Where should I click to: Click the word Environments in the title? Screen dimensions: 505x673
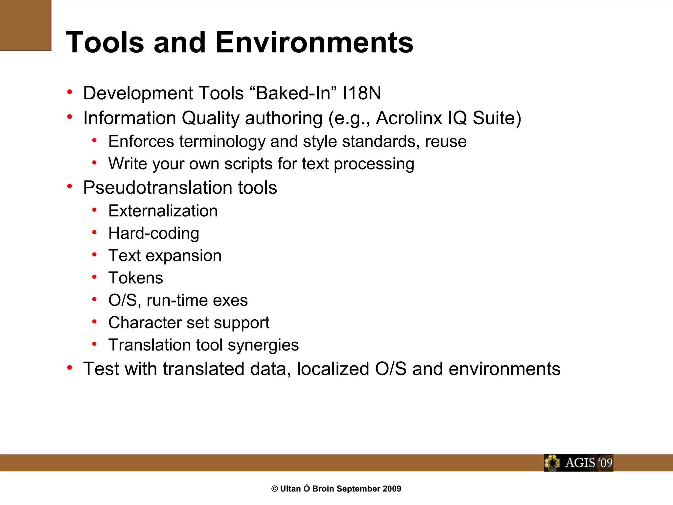tap(314, 42)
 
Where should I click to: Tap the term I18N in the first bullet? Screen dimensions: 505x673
tap(361, 93)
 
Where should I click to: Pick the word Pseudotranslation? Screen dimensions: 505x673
tap(158, 188)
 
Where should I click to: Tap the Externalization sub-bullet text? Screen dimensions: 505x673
tap(163, 211)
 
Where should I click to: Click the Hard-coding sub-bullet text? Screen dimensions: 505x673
tap(154, 233)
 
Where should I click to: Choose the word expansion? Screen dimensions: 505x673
tap(184, 256)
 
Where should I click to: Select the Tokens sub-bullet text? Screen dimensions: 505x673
tap(136, 278)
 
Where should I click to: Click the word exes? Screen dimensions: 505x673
tap(230, 300)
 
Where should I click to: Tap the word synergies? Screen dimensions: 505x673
tap(263, 345)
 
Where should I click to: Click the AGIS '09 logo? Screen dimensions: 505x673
tap(578, 463)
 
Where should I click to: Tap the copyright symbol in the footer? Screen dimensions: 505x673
tap(274, 489)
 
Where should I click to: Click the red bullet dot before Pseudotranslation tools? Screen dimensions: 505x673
tap(70, 186)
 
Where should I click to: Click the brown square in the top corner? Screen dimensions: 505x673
tap(25, 25)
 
